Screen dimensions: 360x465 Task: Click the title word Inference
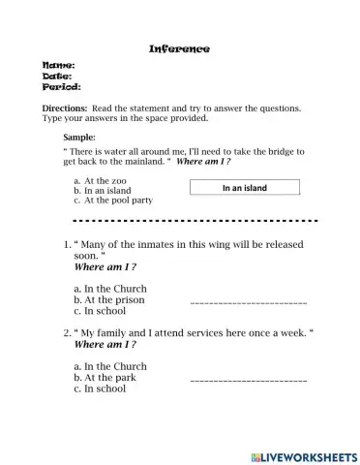click(179, 48)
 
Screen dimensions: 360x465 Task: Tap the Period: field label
click(61, 87)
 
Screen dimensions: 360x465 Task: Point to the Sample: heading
click(79, 138)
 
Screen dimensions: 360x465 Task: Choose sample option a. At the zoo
click(103, 181)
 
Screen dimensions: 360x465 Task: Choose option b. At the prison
click(108, 300)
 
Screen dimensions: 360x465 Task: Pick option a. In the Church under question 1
click(110, 289)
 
